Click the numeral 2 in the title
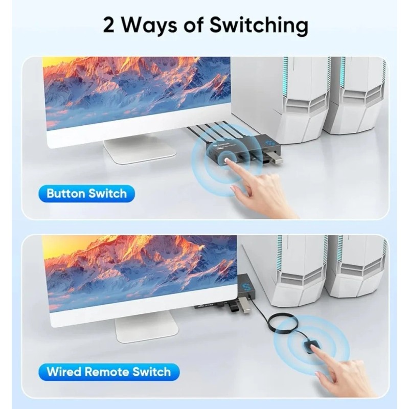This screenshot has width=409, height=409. pyautogui.click(x=109, y=25)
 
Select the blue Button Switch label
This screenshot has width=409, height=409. pyautogui.click(x=86, y=194)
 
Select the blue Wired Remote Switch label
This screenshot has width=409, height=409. pyautogui.click(x=109, y=372)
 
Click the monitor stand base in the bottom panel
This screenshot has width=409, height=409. pyautogui.click(x=147, y=329)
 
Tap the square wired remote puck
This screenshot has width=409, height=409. pyautogui.click(x=310, y=347)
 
